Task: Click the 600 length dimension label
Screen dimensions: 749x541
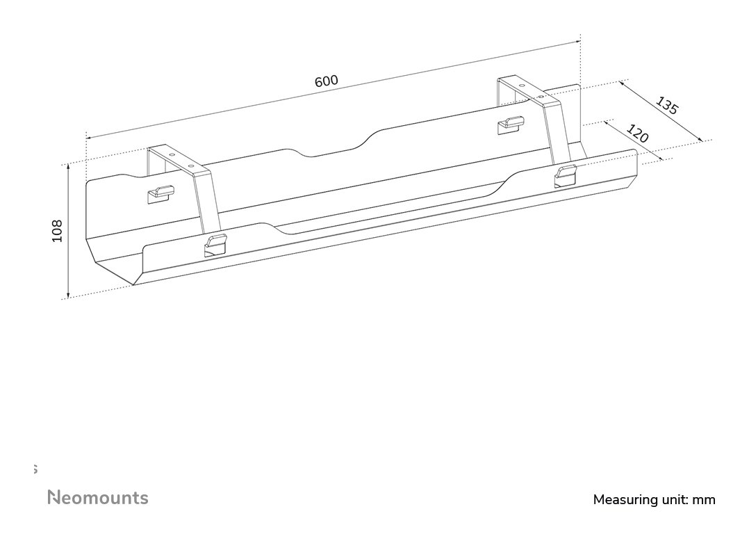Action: coord(327,81)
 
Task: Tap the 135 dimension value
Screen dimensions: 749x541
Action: coord(666,106)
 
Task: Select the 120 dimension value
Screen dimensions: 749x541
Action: coord(637,134)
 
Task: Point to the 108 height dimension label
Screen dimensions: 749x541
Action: coord(57,231)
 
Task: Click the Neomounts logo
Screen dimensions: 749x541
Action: coord(98,497)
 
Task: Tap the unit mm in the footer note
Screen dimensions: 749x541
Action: coord(704,501)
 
